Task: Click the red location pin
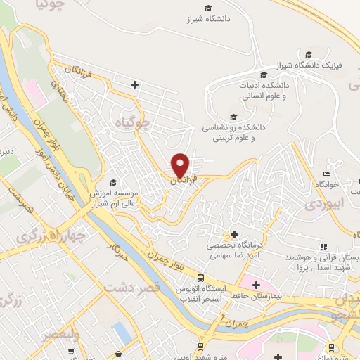(181, 165)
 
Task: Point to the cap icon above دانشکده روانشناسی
(233, 117)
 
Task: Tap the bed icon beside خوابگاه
(325, 174)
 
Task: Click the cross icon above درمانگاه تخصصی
(234, 233)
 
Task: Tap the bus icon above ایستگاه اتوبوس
(201, 278)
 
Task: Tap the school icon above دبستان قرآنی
(323, 247)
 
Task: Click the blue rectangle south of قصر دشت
(122, 331)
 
